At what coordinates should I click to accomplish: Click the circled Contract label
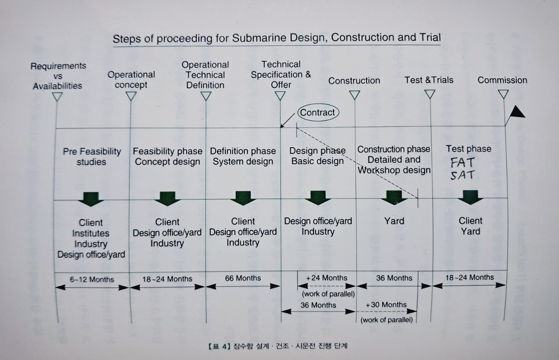tap(318, 113)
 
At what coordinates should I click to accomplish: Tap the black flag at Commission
tap(516, 113)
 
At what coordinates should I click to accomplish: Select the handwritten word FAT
tap(462, 163)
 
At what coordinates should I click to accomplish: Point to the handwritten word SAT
tap(462, 175)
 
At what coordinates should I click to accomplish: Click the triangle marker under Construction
tap(354, 95)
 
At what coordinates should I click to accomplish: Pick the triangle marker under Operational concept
tap(131, 96)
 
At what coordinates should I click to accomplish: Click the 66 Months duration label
tap(243, 278)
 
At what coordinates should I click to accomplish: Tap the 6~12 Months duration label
tap(92, 280)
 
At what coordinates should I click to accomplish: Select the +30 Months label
tap(386, 305)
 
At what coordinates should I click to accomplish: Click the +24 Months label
tap(326, 278)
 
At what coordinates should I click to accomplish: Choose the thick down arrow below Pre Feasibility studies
tap(91, 199)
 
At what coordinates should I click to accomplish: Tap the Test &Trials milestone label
tap(429, 80)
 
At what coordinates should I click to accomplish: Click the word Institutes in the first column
tap(91, 233)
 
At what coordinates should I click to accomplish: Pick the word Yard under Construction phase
tap(394, 221)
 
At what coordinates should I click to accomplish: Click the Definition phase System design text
tap(243, 156)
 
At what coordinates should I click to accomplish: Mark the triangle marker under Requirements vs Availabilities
tap(58, 97)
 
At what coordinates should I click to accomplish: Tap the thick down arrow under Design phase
tap(318, 198)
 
